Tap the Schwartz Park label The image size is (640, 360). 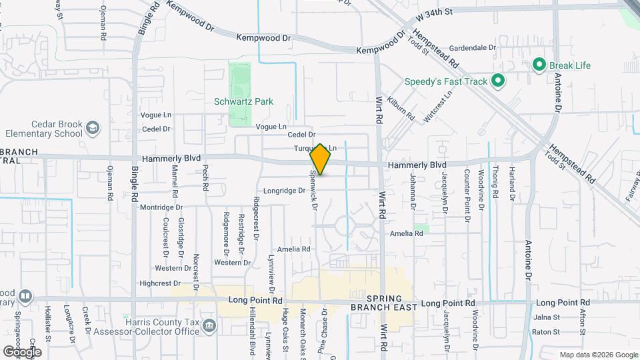point(244,102)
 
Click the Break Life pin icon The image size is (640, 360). point(539,65)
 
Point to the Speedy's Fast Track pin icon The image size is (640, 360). point(497,81)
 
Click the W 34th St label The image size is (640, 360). point(434,12)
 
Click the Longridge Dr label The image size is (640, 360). point(284,190)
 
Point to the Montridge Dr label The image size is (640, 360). point(161,207)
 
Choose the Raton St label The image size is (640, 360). point(545,331)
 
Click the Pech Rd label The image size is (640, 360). point(206,177)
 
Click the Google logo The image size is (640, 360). point(22,351)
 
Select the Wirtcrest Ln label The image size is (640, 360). point(440,103)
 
